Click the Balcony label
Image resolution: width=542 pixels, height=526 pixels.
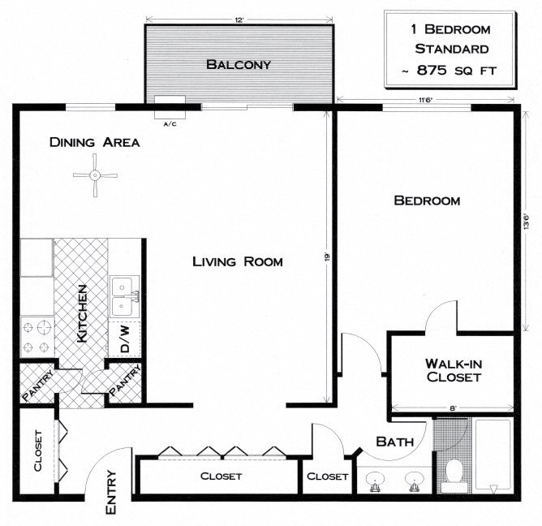coord(238,64)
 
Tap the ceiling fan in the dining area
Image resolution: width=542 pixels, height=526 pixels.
coord(95,175)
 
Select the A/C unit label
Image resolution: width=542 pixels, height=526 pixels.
coord(170,124)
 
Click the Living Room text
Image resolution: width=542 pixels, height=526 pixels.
coord(237,261)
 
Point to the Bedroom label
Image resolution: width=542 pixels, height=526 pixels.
coord(427,200)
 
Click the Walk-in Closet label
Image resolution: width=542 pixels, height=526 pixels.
coord(453,371)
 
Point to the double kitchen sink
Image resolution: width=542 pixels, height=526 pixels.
coord(125,297)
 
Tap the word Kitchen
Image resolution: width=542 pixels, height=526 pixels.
coord(81,313)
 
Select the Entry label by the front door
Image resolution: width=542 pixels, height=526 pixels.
coord(113,493)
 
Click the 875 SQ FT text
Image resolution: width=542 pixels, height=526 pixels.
coord(449,71)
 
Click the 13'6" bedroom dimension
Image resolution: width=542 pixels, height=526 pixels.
coord(525,221)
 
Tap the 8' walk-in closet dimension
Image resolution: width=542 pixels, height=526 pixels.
coord(454,408)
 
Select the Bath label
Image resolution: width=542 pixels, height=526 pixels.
coord(395,442)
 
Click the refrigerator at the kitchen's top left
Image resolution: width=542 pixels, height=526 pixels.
coord(37,258)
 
